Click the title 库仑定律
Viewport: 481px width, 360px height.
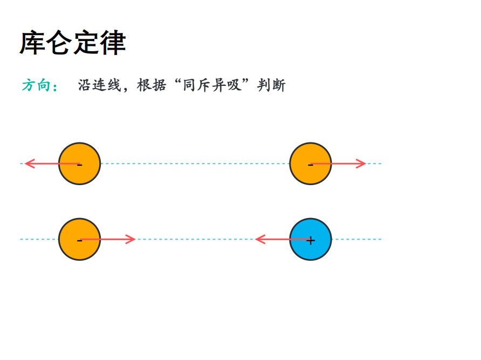pyautogui.click(x=73, y=43)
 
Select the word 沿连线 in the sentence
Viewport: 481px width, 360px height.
pyautogui.click(x=99, y=85)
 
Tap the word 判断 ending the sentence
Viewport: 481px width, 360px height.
pyautogui.click(x=271, y=85)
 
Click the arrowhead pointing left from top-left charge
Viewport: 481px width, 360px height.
pyautogui.click(x=28, y=164)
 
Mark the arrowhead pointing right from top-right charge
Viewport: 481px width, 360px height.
pyautogui.click(x=363, y=164)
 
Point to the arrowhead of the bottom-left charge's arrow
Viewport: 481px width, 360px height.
pyautogui.click(x=132, y=239)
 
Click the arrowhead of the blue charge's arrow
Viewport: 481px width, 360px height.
pyautogui.click(x=259, y=239)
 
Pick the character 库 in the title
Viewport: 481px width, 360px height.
pyautogui.click(x=32, y=43)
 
